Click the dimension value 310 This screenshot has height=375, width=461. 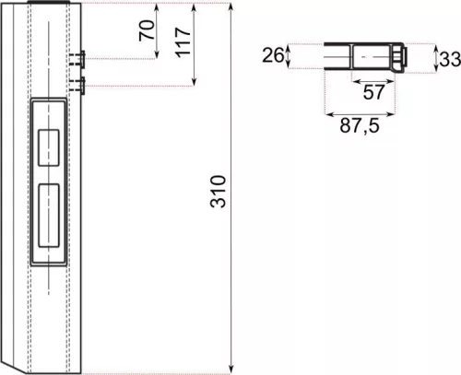coord(218,190)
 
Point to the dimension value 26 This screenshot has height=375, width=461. coord(271,55)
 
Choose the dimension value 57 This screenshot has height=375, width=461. coord(373,92)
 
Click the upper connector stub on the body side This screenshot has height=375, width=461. coord(80,58)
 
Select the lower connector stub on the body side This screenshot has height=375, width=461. coord(80,87)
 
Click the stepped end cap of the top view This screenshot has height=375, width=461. coord(398,58)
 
